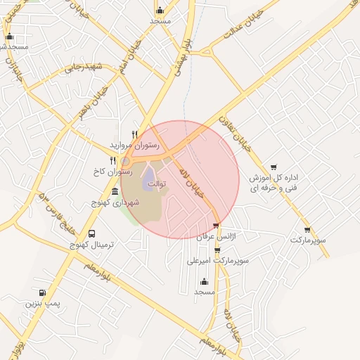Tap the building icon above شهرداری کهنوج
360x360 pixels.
[115, 192]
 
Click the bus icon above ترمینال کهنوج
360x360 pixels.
[91, 233]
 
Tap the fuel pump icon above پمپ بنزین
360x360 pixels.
[42, 292]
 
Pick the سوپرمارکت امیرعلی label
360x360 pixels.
[219, 259]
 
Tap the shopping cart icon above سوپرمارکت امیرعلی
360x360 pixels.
[217, 249]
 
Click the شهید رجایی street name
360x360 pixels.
[84, 68]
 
